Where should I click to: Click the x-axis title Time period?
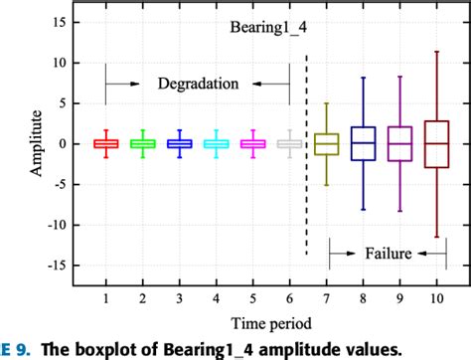271,324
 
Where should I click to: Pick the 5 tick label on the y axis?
62,102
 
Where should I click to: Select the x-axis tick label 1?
105,298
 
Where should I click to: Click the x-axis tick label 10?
436,298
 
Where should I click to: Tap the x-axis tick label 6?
289,298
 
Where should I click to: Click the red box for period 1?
105,144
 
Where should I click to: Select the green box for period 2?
142,144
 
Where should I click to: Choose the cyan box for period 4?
216,144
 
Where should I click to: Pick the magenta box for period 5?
252,144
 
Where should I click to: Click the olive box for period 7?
326,144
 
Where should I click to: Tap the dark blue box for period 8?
363,143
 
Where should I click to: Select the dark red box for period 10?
436,144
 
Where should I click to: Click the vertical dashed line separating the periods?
306,149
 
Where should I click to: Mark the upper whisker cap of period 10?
436,51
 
